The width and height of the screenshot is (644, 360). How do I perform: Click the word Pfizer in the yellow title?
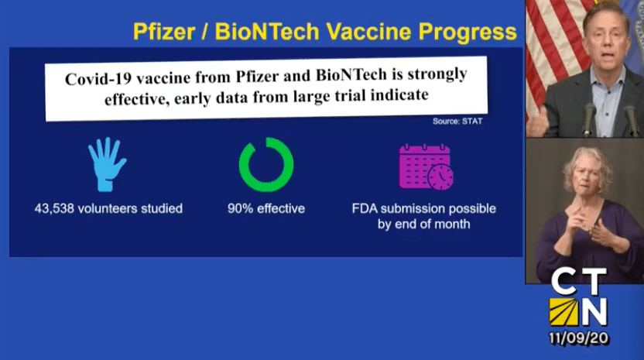click(164, 32)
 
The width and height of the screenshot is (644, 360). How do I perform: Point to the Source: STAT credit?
click(457, 122)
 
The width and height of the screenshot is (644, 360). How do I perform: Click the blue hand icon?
click(107, 164)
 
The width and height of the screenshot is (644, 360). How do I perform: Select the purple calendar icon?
click(426, 167)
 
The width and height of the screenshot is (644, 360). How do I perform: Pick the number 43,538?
click(54, 209)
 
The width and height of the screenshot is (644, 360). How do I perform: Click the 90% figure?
click(240, 209)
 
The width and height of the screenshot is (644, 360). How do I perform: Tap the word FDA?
click(365, 209)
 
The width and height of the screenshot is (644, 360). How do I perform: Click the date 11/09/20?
click(579, 338)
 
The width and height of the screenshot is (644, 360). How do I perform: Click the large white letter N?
click(594, 311)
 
